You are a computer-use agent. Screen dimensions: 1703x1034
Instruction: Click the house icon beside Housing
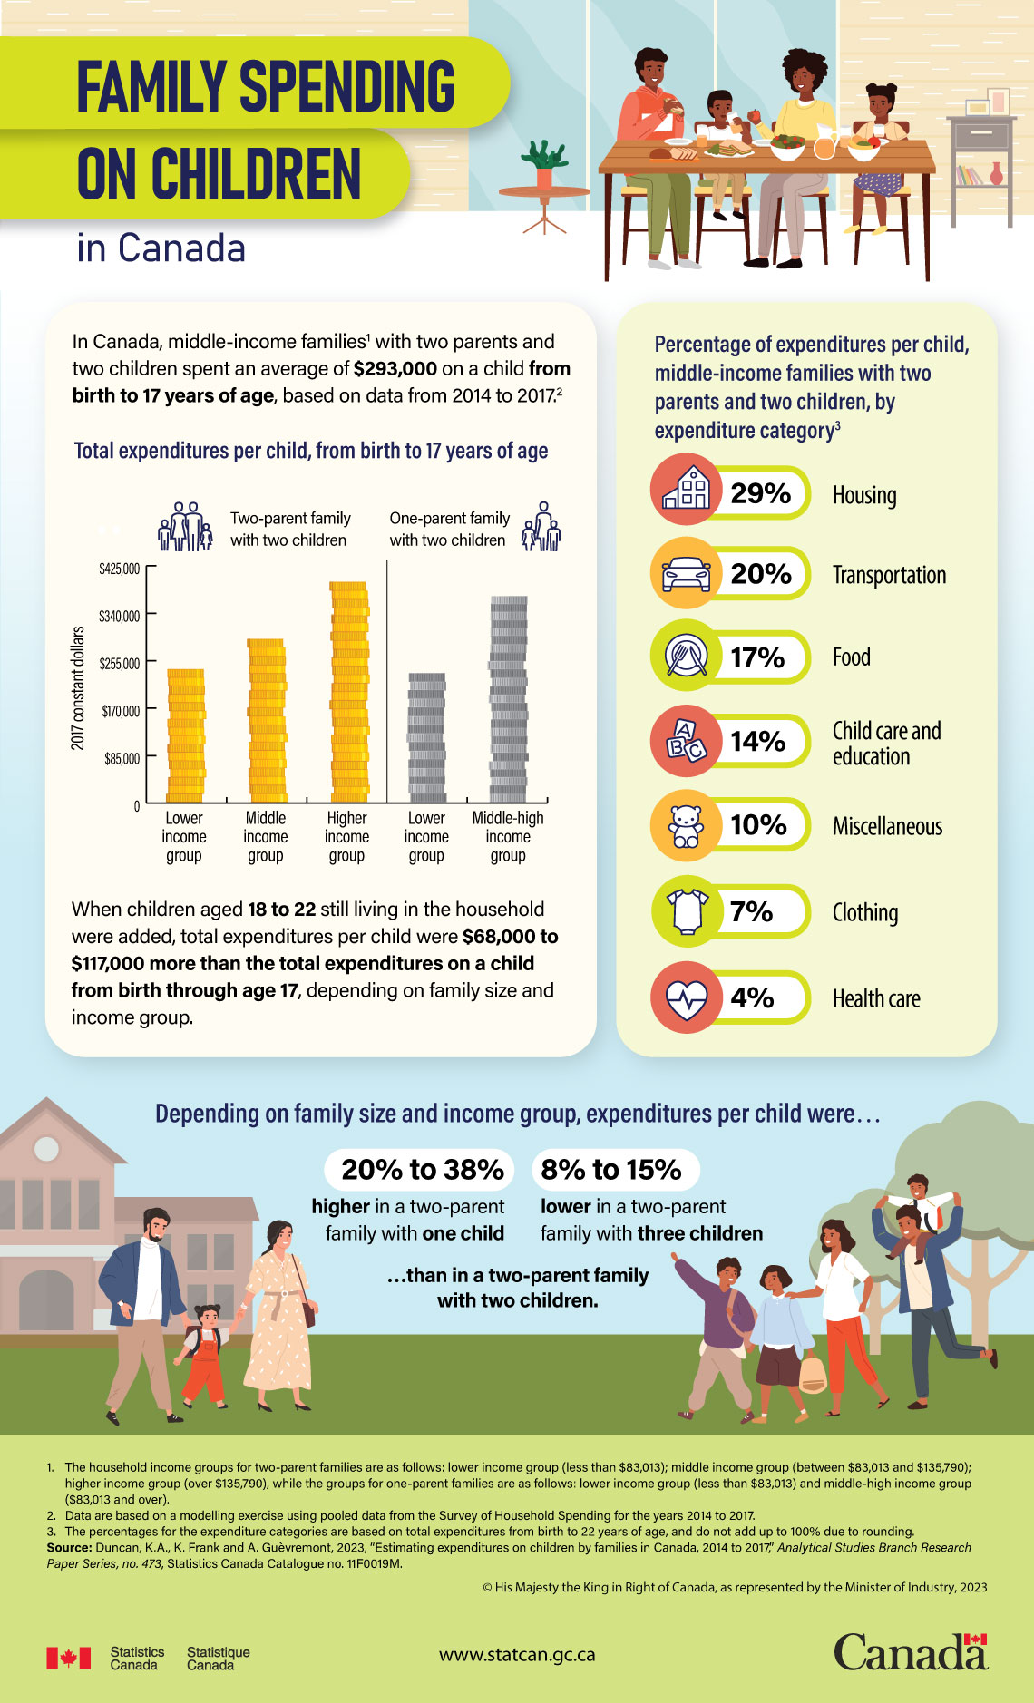click(687, 489)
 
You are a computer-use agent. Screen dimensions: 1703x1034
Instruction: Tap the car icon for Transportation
click(687, 573)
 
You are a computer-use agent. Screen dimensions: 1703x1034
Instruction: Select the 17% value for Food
click(757, 657)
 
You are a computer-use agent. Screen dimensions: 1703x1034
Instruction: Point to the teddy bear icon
click(687, 826)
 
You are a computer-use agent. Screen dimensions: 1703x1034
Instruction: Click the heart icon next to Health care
click(687, 997)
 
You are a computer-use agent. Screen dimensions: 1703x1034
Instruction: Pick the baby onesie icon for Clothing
click(687, 911)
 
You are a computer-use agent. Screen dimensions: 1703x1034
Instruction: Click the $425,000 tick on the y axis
click(120, 569)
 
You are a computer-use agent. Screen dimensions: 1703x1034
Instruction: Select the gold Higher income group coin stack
click(348, 691)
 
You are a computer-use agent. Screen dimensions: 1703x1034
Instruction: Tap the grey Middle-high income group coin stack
click(508, 698)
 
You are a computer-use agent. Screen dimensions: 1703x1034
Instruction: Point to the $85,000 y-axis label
click(122, 758)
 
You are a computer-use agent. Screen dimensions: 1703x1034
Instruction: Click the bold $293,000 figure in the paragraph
click(395, 369)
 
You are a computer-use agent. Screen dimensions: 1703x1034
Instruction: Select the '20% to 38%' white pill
click(422, 1170)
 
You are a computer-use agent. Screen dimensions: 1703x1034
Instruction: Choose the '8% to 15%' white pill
click(612, 1170)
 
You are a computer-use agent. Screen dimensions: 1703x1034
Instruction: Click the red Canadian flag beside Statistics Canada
click(69, 1658)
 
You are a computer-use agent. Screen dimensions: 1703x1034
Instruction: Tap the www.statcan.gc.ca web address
click(517, 1655)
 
